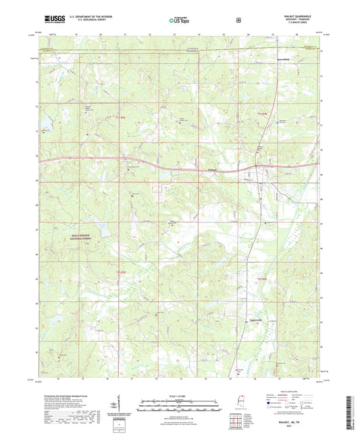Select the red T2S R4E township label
(x=263, y=278)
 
